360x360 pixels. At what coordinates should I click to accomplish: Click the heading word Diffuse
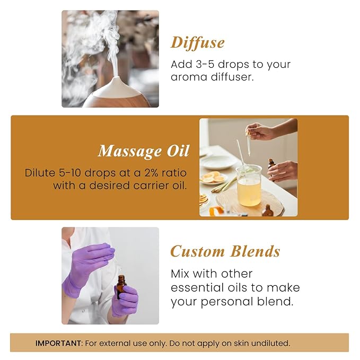point(197,42)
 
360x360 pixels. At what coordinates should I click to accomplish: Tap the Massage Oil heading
point(143,151)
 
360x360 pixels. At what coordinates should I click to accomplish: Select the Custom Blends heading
point(225,251)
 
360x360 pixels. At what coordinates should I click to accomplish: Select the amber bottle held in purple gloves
point(121,287)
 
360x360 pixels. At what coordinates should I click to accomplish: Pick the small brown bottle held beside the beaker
point(271,165)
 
